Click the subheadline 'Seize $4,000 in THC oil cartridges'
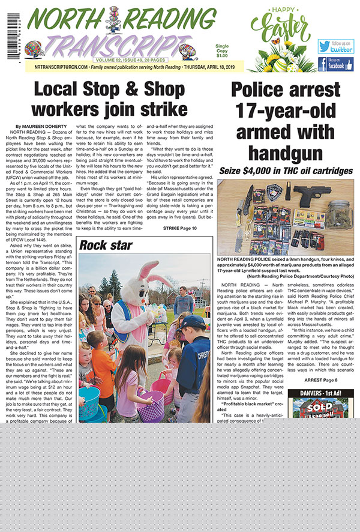[286, 171]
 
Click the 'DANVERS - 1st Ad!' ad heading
[320, 394]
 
